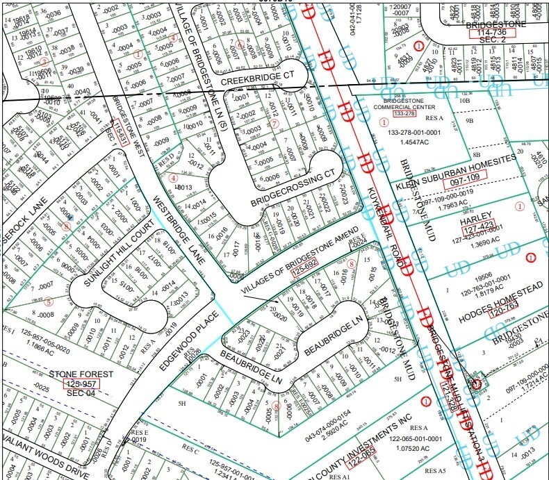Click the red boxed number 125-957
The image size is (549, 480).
pos(83,383)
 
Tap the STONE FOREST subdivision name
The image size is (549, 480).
pos(82,373)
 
